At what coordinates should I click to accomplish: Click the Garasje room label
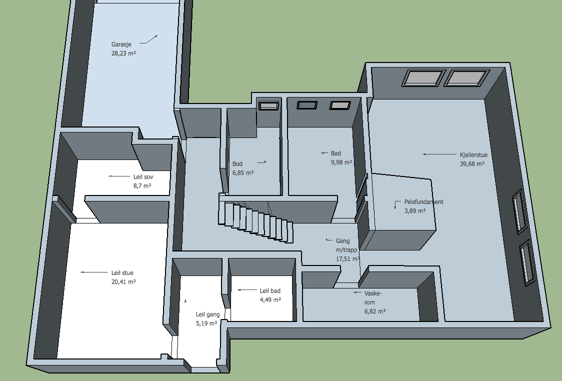pyautogui.click(x=121, y=44)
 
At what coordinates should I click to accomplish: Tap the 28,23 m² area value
pyautogui.click(x=123, y=53)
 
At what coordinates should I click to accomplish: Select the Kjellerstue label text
pyautogui.click(x=473, y=155)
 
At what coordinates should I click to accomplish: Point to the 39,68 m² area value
pyautogui.click(x=472, y=164)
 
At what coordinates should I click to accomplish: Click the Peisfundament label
pyautogui.click(x=423, y=202)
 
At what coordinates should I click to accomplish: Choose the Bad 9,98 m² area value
pyautogui.click(x=341, y=162)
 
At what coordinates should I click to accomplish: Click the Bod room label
pyautogui.click(x=237, y=164)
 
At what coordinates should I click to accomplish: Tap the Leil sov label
pyautogui.click(x=143, y=176)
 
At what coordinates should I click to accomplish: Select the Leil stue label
pyautogui.click(x=122, y=273)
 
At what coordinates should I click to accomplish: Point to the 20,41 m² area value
pyautogui.click(x=123, y=281)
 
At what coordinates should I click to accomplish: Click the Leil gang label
pyautogui.click(x=207, y=314)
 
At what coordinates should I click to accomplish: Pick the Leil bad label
pyautogui.click(x=270, y=291)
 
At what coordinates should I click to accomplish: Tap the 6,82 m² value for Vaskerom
pyautogui.click(x=375, y=311)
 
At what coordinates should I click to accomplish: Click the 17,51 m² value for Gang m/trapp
pyautogui.click(x=347, y=259)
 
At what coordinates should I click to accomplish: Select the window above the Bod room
pyautogui.click(x=269, y=105)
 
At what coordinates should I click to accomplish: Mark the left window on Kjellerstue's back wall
pyautogui.click(x=423, y=78)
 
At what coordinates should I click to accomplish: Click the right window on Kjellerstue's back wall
pyautogui.click(x=466, y=78)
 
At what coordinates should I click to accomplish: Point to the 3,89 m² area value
pyautogui.click(x=415, y=211)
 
